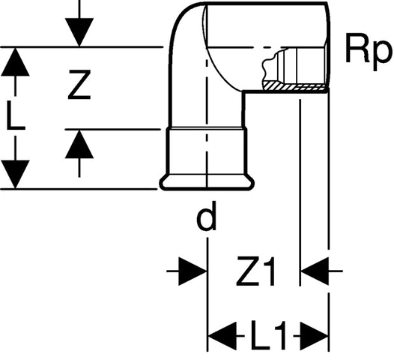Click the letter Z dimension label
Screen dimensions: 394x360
(x=79, y=85)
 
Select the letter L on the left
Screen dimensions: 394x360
(x=16, y=115)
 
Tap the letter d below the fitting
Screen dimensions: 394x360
(x=206, y=216)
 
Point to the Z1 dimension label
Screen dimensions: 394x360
(x=255, y=271)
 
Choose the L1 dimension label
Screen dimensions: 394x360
(x=269, y=335)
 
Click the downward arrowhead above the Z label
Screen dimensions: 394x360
(x=79, y=32)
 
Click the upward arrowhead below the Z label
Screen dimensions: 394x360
(x=79, y=144)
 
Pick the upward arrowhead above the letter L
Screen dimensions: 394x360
(x=15, y=62)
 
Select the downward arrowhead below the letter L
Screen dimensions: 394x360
(x=15, y=174)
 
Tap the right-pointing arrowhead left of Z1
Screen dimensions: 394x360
(x=193, y=271)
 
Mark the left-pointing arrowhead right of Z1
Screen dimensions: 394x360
(x=315, y=271)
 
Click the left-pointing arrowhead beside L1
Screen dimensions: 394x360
(x=222, y=335)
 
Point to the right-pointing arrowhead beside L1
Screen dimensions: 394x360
(x=315, y=335)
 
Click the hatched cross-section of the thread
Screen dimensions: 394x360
(x=295, y=86)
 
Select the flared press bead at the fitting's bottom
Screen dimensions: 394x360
(x=207, y=182)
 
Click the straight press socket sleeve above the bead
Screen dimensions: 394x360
(x=207, y=151)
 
